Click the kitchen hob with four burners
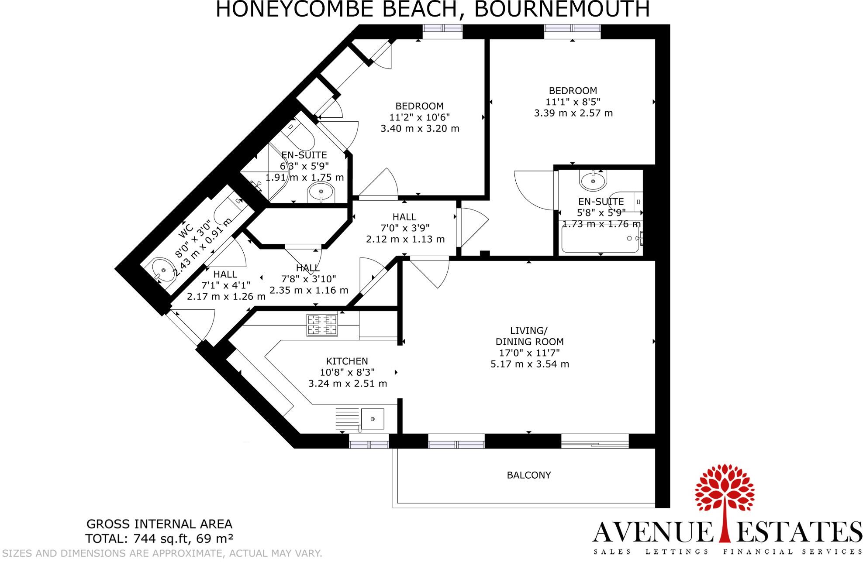322,325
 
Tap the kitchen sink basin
373,419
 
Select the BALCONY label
528,475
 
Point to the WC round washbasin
162,270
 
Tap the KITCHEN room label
347,361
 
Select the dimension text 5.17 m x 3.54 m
529,364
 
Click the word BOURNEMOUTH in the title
562,10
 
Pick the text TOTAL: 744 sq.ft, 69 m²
159,538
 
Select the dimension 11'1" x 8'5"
573,102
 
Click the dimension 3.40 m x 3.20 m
420,129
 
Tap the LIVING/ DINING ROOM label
529,336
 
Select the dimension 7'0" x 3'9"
405,228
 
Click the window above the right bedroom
572,28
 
